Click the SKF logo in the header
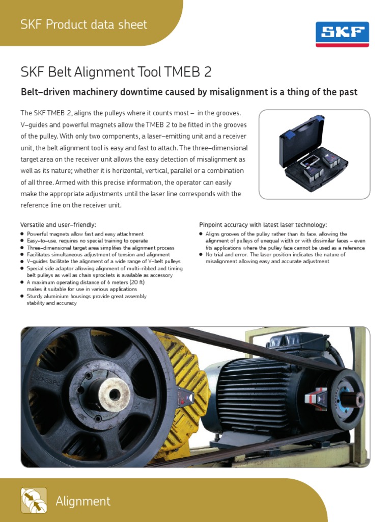tap(342, 34)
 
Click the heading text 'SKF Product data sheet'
tap(83, 24)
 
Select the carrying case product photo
tap(314, 154)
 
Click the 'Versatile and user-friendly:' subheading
tap(58, 224)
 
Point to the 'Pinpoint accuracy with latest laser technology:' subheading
tap(263, 224)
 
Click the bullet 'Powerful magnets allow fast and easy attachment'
tap(85, 233)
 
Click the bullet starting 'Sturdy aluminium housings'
tap(87, 296)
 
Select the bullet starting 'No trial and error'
tap(275, 254)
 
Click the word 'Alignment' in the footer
tap(83, 501)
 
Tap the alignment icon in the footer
tap(34, 500)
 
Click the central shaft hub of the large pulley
tap(114, 393)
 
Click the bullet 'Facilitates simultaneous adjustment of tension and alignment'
tap(98, 254)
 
